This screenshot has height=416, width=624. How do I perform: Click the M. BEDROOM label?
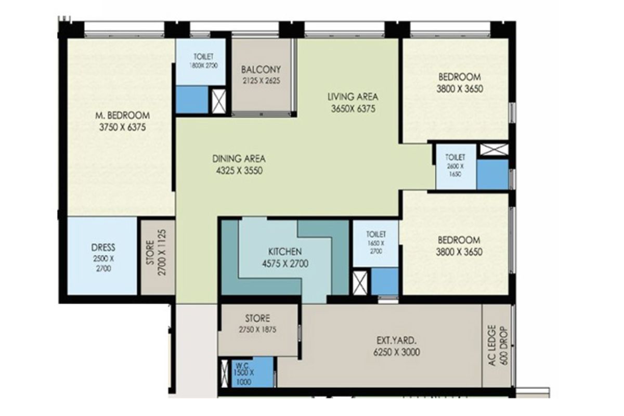pos(122,115)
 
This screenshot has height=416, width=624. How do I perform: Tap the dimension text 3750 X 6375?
pos(122,127)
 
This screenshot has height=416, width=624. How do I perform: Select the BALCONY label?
pos(261,69)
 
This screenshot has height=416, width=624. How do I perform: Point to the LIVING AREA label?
pos(353,97)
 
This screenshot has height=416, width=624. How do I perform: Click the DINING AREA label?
pos(239,159)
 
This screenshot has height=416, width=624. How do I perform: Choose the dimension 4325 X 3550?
pos(239,171)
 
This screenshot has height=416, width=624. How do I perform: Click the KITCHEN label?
pos(285,252)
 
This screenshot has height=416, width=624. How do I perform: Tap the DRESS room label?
pos(103,247)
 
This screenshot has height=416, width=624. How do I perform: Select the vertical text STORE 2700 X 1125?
pos(157,252)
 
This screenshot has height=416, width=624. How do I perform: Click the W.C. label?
pos(242,365)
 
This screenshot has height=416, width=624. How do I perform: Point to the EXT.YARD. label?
pos(396,340)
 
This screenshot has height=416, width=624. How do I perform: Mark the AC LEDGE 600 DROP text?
pos(498,345)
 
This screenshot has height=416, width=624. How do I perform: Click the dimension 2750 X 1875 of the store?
pos(257,330)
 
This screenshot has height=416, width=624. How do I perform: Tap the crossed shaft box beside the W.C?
pos(224,373)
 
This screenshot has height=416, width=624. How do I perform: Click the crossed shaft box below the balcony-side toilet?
pos(219,101)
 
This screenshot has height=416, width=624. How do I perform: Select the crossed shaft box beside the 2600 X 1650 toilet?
pos(494,150)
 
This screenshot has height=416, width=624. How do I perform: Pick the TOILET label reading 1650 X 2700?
pos(376,234)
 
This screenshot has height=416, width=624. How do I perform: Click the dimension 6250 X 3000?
pos(396,352)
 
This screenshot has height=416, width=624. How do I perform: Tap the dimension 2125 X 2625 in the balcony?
pos(261,81)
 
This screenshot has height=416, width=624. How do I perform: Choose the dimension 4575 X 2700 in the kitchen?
pos(285,264)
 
